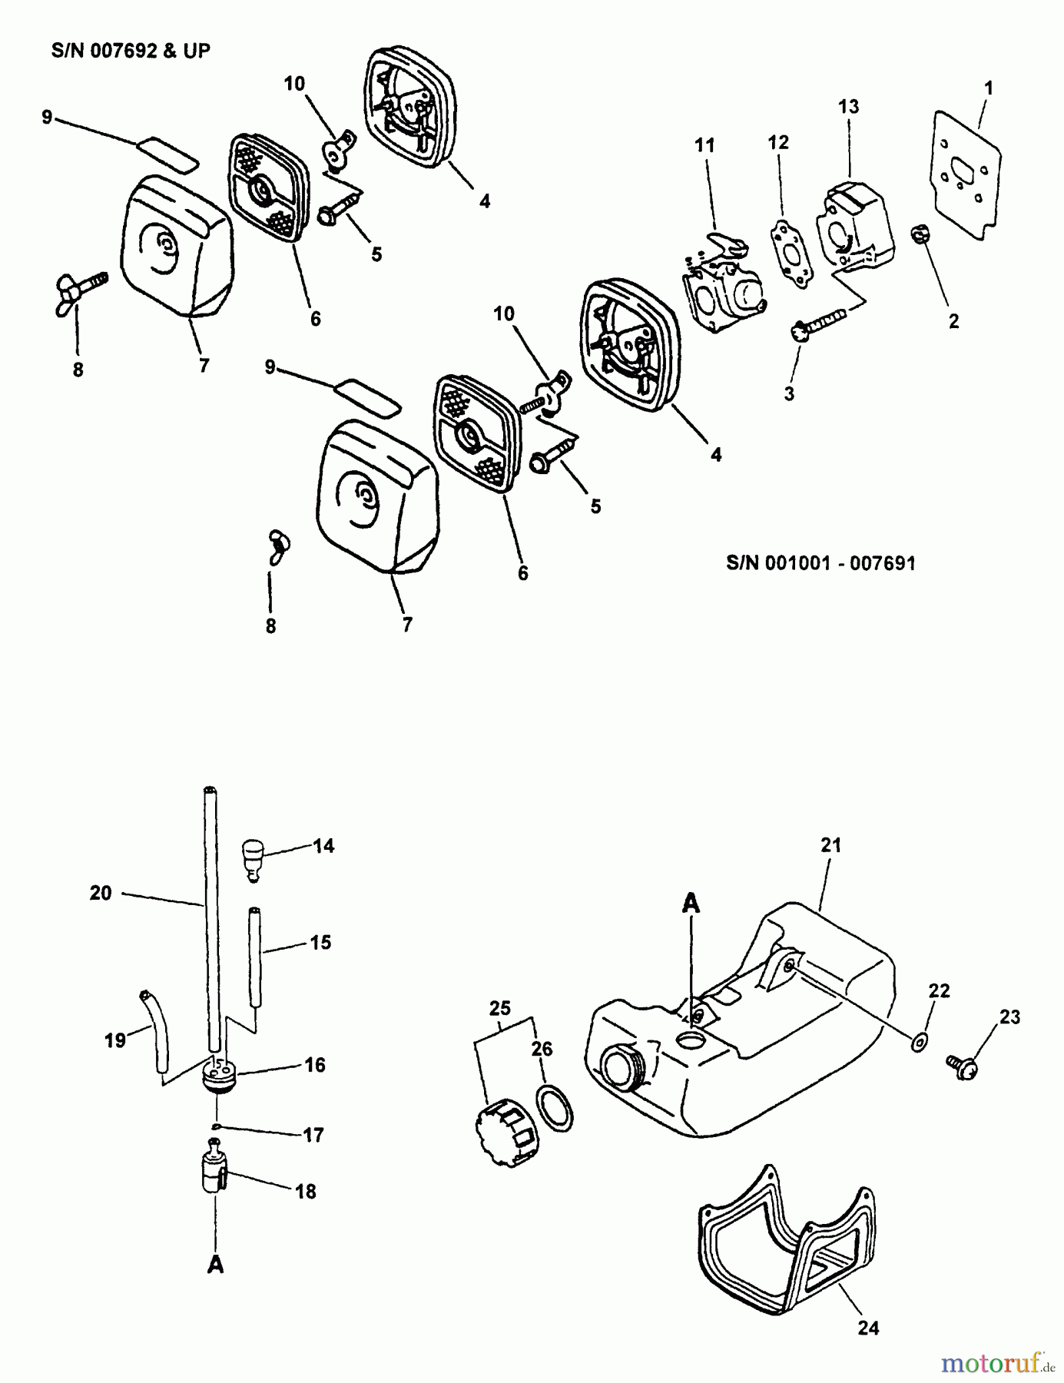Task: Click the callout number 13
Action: (x=848, y=107)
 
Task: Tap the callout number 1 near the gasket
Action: (x=988, y=88)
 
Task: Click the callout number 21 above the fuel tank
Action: (x=831, y=845)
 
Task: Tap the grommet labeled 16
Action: (x=217, y=1071)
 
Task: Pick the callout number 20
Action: (x=101, y=893)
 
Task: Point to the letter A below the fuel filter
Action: (x=216, y=1265)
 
